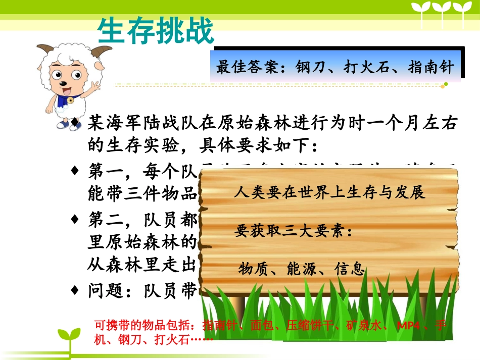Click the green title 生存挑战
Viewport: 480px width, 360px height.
pos(156,32)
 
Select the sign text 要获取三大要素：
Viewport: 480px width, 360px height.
pos(293,231)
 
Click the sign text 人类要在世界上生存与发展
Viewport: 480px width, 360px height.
pos(329,192)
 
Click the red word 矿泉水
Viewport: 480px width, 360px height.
pos(363,324)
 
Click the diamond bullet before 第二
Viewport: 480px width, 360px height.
pos(75,220)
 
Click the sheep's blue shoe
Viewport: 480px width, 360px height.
pos(63,124)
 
